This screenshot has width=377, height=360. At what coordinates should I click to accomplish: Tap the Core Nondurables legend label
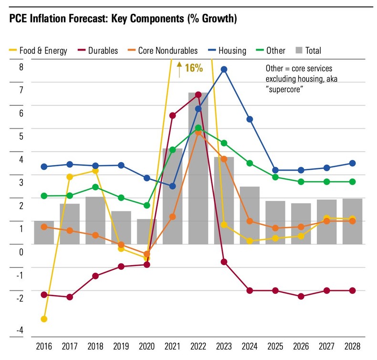coord(168,50)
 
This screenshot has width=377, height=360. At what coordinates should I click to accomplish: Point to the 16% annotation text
coord(194,68)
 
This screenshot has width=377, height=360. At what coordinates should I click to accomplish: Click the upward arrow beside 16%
coord(179,69)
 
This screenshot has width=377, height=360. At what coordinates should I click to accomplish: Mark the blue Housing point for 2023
coord(224,70)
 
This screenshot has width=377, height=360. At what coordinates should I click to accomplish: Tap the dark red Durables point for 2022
coord(198,94)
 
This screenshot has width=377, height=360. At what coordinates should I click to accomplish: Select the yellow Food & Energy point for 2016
coord(44,319)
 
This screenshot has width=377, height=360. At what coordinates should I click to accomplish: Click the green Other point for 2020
coord(147,206)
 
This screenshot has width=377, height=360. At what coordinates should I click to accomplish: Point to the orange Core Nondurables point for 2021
coord(172,216)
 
